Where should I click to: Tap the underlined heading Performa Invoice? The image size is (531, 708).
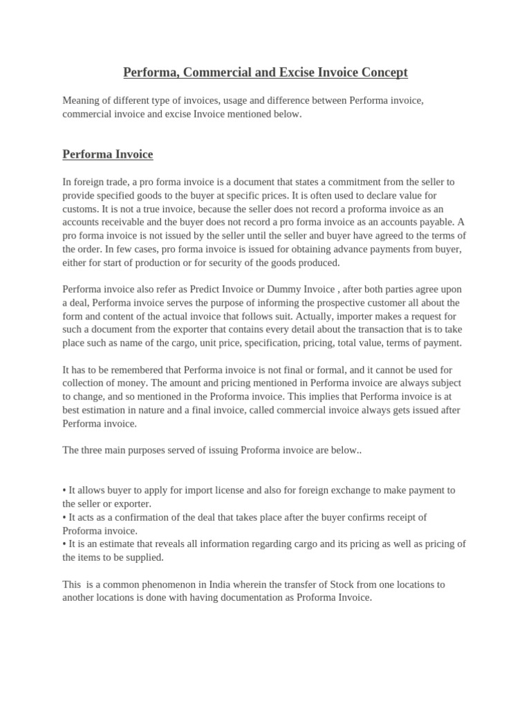pyautogui.click(x=108, y=154)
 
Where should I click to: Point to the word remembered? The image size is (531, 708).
pyautogui.click(x=147, y=370)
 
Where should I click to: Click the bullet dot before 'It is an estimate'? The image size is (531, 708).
pyautogui.click(x=64, y=544)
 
